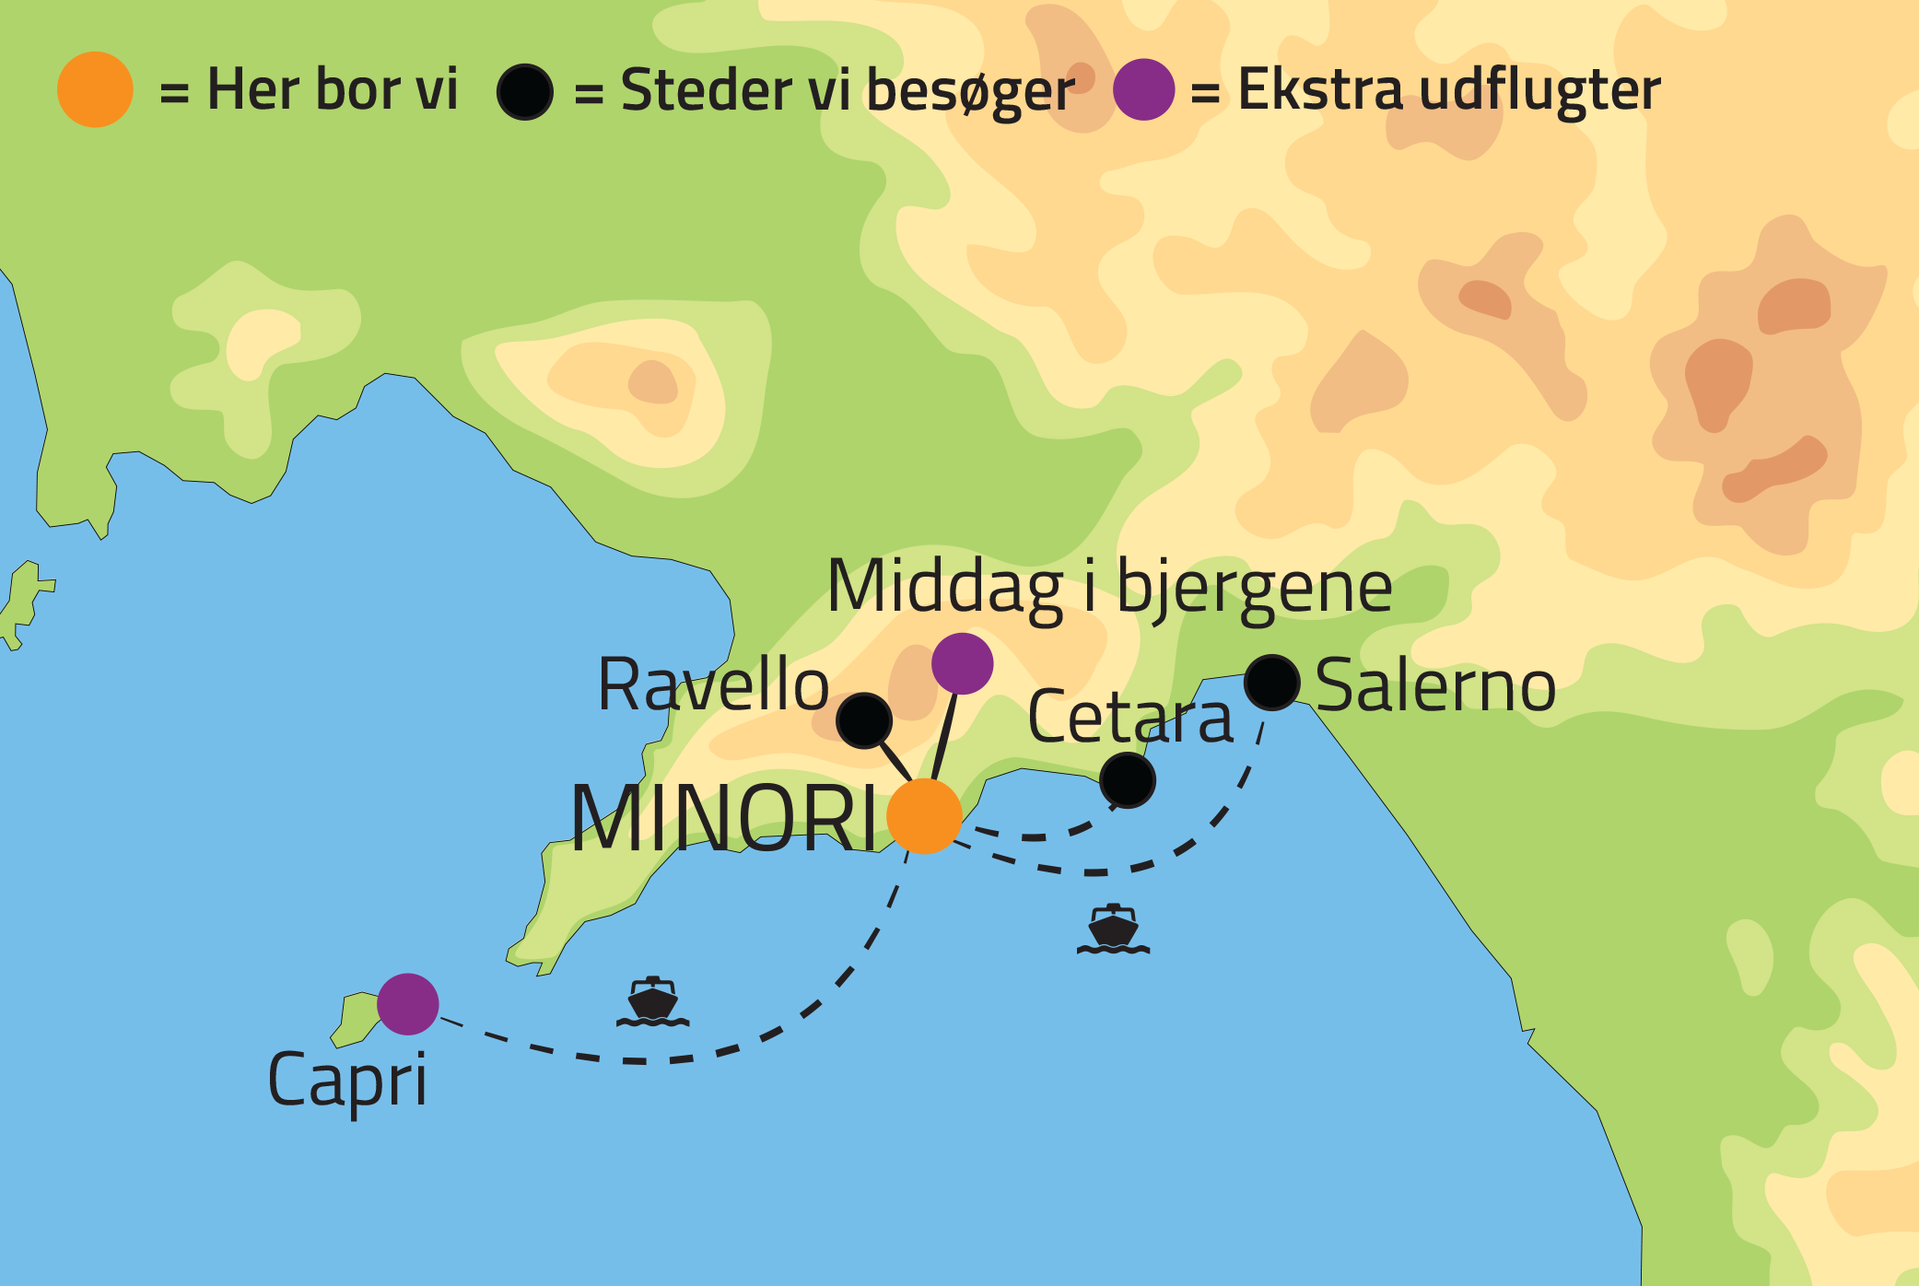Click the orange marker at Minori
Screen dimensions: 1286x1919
pos(924,816)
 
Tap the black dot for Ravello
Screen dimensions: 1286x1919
pos(864,720)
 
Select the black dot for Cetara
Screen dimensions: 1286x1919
pos(1128,780)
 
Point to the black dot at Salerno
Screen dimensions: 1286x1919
pos(1272,683)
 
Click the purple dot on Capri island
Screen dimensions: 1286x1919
pos(408,1004)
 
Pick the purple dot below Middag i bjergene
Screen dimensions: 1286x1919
pos(962,663)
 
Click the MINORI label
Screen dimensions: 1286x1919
pos(724,819)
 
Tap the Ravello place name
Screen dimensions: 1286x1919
pos(713,685)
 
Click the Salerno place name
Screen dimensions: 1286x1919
pos(1435,686)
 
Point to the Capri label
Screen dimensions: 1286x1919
pos(347,1081)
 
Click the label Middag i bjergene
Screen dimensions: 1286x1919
pos(1109,588)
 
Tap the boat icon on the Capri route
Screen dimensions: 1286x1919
pos(652,1002)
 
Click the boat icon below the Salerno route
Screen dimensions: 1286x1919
pos(1113,929)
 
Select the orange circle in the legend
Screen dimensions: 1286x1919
pos(95,89)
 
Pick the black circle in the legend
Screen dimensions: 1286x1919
pos(525,91)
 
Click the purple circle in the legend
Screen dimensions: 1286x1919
pos(1143,90)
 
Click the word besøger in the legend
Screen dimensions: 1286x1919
pos(970,91)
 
